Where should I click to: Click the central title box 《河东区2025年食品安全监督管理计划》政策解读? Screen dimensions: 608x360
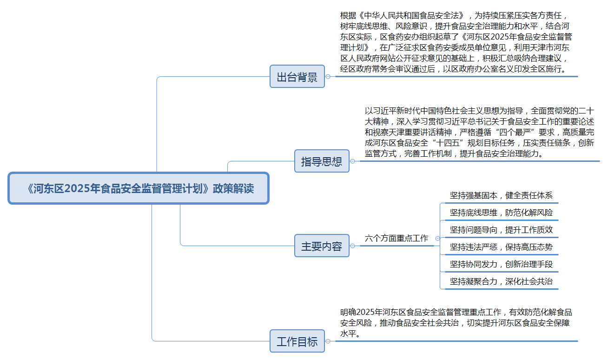[139, 188]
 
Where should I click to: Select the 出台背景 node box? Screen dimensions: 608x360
[297, 76]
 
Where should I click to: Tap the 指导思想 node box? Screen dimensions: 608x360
[322, 161]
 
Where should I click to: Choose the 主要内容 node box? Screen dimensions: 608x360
[322, 246]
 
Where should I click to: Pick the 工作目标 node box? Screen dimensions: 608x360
[297, 341]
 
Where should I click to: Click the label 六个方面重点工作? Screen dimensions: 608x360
[397, 238]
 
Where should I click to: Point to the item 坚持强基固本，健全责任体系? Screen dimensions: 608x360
[501, 195]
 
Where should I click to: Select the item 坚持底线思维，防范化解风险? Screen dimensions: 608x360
[501, 212]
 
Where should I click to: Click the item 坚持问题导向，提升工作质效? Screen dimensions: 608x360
[501, 230]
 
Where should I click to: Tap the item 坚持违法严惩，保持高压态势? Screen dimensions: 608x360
[501, 247]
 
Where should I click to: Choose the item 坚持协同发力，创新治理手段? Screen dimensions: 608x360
[501, 264]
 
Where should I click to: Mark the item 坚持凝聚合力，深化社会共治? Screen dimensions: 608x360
[501, 281]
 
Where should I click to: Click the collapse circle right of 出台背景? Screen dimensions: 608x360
[328, 77]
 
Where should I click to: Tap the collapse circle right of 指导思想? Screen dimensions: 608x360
[353, 161]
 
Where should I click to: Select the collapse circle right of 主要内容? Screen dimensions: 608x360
[353, 246]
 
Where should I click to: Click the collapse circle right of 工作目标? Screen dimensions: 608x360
[328, 341]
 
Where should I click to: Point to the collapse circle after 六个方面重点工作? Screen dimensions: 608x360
[437, 238]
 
